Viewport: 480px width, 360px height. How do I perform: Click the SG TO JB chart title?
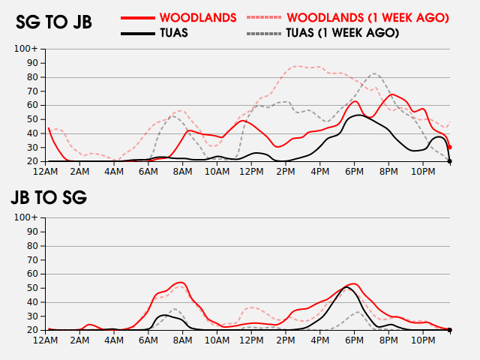coord(54,22)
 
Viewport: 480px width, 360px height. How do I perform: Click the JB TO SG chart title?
coord(49,197)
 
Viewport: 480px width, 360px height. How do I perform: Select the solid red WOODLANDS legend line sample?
coord(138,18)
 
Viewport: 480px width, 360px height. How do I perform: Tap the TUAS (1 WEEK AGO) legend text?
coord(343,33)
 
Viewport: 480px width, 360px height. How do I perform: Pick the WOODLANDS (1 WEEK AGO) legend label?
coord(368,18)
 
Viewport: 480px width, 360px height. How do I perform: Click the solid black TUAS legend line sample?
coord(138,33)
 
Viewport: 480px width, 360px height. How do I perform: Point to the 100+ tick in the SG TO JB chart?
coord(26,49)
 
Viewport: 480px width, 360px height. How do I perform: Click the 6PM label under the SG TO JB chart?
coord(354,172)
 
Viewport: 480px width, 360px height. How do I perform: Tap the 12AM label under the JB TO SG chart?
coord(45,340)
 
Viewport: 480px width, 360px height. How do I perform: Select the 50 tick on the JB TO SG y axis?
coord(33,288)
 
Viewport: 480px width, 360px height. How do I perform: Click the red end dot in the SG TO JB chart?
coord(449,147)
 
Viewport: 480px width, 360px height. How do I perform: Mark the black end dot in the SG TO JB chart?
coord(450,161)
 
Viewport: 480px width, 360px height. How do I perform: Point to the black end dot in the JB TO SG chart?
coord(450,330)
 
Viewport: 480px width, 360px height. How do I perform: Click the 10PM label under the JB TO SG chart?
coord(423,340)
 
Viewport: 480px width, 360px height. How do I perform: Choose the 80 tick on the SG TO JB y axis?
coord(33,77)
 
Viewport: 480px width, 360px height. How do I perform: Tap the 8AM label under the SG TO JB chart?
coord(182,172)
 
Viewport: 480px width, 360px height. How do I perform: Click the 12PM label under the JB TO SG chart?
coord(251,340)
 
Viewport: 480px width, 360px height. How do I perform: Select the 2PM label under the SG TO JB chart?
coord(286,172)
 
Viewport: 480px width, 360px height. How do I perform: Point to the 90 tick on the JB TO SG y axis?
coord(33,232)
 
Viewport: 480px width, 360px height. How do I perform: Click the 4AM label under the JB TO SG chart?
coord(114,340)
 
